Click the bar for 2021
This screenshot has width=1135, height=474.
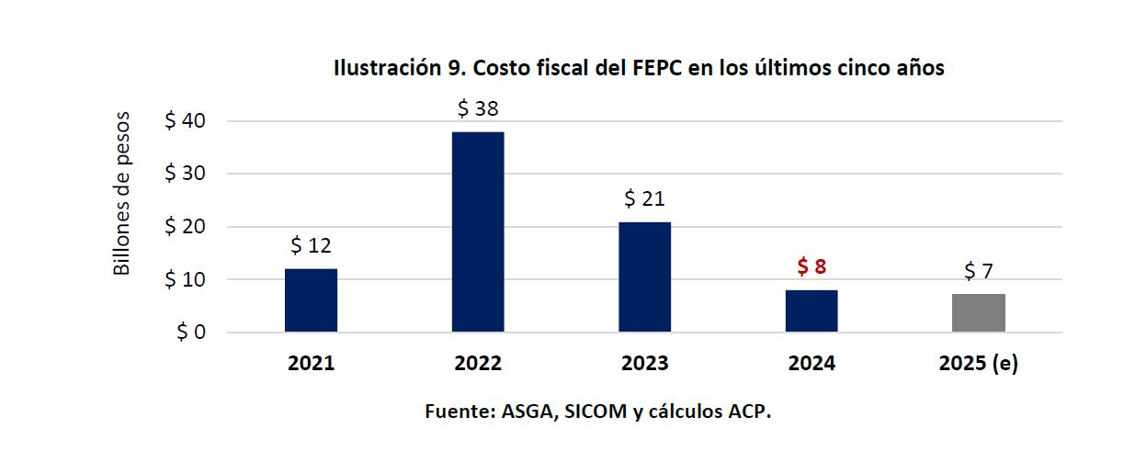tap(311, 300)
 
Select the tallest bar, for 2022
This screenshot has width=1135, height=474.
tap(478, 231)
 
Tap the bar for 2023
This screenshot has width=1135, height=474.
tap(644, 276)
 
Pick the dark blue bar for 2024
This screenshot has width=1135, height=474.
tap(812, 310)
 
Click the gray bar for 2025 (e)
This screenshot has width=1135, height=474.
tap(978, 313)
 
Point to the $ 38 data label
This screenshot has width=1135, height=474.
tap(478, 109)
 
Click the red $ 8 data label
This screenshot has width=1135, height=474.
tap(812, 267)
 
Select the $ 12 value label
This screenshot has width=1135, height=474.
tap(311, 245)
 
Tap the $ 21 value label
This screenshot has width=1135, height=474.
tap(644, 198)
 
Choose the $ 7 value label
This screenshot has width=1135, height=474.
tap(978, 271)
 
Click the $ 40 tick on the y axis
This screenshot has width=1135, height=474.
tap(185, 121)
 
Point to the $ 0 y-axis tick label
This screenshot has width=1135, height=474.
tap(190, 333)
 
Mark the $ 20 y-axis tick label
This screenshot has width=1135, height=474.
tap(185, 227)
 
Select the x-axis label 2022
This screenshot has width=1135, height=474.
tap(478, 364)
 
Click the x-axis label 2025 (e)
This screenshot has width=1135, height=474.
tap(978, 364)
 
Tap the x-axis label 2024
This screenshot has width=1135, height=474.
tap(812, 364)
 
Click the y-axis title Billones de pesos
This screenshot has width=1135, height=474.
tap(122, 195)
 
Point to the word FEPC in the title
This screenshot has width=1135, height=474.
tap(659, 69)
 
